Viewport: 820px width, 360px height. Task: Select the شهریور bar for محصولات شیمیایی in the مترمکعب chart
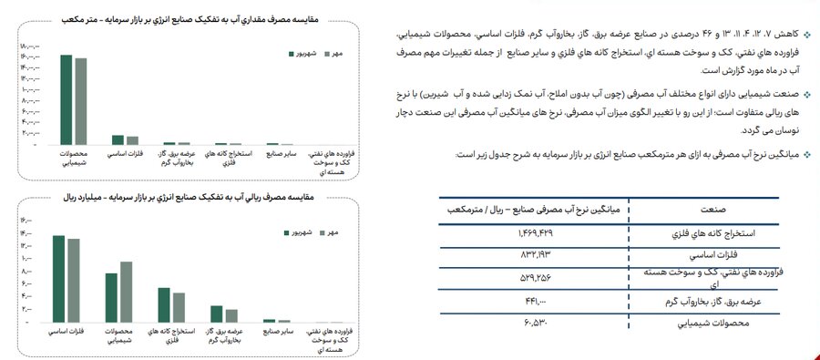(x=67, y=99)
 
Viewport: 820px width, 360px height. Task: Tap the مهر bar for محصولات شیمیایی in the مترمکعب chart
(x=80, y=101)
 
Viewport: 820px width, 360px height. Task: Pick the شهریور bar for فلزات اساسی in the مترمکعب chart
(x=118, y=139)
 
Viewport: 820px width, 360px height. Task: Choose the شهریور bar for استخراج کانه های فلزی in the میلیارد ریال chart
(x=164, y=304)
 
